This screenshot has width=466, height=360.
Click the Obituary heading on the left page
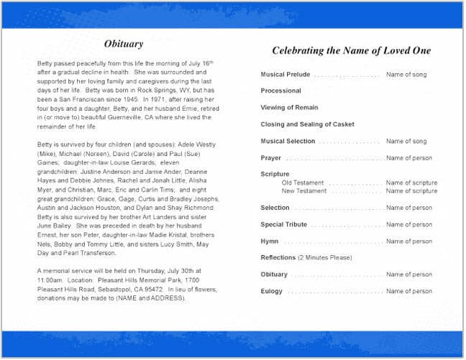(x=124, y=44)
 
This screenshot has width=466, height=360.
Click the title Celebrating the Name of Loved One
(x=352, y=50)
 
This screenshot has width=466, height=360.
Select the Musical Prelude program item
(x=285, y=75)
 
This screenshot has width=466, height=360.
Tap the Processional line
(x=280, y=91)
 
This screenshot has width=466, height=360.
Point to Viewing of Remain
(x=290, y=108)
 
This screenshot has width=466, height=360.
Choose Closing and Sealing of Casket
(x=307, y=124)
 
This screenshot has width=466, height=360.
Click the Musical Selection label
(x=288, y=142)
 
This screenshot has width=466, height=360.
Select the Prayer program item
(x=271, y=158)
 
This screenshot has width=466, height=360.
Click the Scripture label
(x=275, y=175)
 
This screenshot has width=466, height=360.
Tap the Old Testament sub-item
(x=303, y=183)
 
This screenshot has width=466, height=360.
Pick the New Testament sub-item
(x=304, y=191)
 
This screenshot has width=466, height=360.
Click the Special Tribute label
(x=283, y=225)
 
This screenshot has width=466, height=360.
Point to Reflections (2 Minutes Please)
(x=306, y=258)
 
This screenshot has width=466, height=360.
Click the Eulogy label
(x=272, y=292)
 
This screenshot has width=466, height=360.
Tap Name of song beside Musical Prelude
(x=406, y=75)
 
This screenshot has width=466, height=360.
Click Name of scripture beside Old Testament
(x=411, y=183)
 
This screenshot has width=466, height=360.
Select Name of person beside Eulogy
(x=409, y=292)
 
